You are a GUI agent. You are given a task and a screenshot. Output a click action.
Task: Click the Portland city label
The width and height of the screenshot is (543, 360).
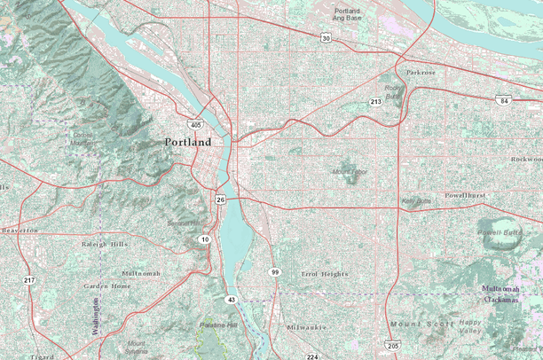(188, 142)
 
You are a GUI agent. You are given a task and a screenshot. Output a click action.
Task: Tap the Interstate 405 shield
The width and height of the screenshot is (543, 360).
(195, 125)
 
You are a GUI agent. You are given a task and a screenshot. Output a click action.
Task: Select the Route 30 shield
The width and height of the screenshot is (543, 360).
(327, 38)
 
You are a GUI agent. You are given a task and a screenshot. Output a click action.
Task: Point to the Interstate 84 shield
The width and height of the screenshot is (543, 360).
(503, 101)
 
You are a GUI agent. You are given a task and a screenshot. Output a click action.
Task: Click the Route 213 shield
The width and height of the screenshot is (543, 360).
(375, 102)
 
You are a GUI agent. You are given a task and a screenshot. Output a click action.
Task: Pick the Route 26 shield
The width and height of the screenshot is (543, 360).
(219, 200)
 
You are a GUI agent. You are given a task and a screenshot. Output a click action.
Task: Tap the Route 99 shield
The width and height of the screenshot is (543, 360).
(276, 272)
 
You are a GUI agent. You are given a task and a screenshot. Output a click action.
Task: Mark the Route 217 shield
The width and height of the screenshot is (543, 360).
(29, 280)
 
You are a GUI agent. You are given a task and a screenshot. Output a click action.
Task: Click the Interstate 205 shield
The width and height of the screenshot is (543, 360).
(393, 345)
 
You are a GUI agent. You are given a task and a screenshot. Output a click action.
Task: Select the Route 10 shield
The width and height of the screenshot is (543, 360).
(204, 239)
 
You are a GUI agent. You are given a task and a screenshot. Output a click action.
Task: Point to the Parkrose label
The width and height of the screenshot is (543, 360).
(421, 72)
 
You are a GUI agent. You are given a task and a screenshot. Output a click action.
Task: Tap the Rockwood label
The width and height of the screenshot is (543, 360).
(525, 160)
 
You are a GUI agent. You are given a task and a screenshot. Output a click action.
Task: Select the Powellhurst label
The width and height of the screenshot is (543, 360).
(465, 194)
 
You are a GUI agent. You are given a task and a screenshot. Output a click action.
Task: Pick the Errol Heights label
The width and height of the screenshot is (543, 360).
(325, 274)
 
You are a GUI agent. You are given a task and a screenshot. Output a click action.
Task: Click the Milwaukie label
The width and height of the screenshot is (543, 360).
(307, 327)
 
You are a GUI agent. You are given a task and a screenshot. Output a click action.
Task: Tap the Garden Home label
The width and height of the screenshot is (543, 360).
(107, 286)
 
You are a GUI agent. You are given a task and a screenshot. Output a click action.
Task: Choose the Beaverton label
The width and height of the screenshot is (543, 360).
(20, 230)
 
